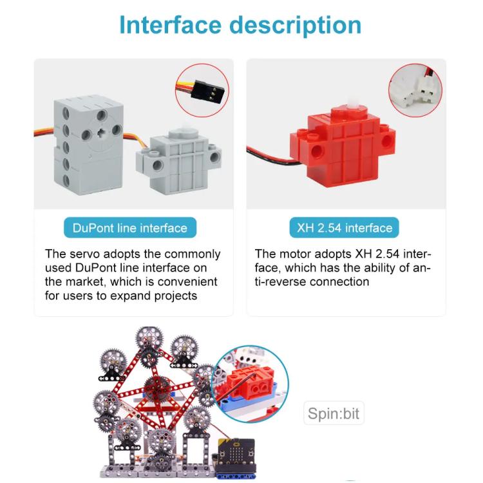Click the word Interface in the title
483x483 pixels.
(x=169, y=25)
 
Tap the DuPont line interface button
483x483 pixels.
(x=129, y=228)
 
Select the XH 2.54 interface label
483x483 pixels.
(x=345, y=228)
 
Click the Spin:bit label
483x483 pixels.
(x=333, y=413)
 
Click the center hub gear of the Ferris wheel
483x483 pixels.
(x=154, y=388)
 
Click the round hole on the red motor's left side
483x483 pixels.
(x=316, y=149)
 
